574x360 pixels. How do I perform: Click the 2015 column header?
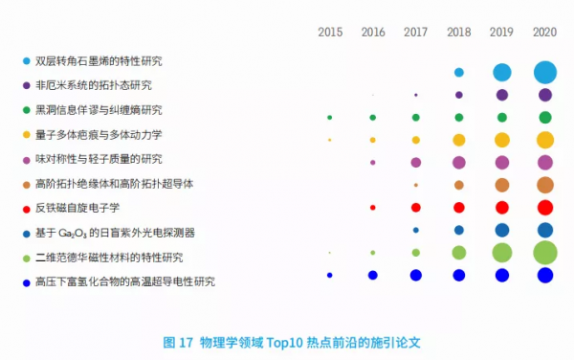click(330, 33)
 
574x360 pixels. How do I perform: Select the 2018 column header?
click(458, 33)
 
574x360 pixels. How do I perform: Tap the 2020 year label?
click(544, 33)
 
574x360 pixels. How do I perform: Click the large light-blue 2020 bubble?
click(544, 72)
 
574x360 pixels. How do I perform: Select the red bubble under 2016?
click(373, 207)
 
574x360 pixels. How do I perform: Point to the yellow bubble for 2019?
click(501, 140)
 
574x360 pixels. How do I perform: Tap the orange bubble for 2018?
click(459, 185)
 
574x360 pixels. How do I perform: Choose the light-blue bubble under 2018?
click(459, 72)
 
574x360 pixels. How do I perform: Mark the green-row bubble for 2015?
click(330, 117)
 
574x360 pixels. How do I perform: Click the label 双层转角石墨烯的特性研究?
click(99, 60)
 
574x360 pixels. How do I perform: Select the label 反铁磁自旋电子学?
click(77, 208)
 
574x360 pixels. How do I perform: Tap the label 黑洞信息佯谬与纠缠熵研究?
click(99, 110)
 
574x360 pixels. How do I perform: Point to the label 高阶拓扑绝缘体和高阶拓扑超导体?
click(115, 183)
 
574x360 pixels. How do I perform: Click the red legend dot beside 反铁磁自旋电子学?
click(25, 208)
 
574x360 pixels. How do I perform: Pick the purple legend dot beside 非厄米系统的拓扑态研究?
click(25, 85)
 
